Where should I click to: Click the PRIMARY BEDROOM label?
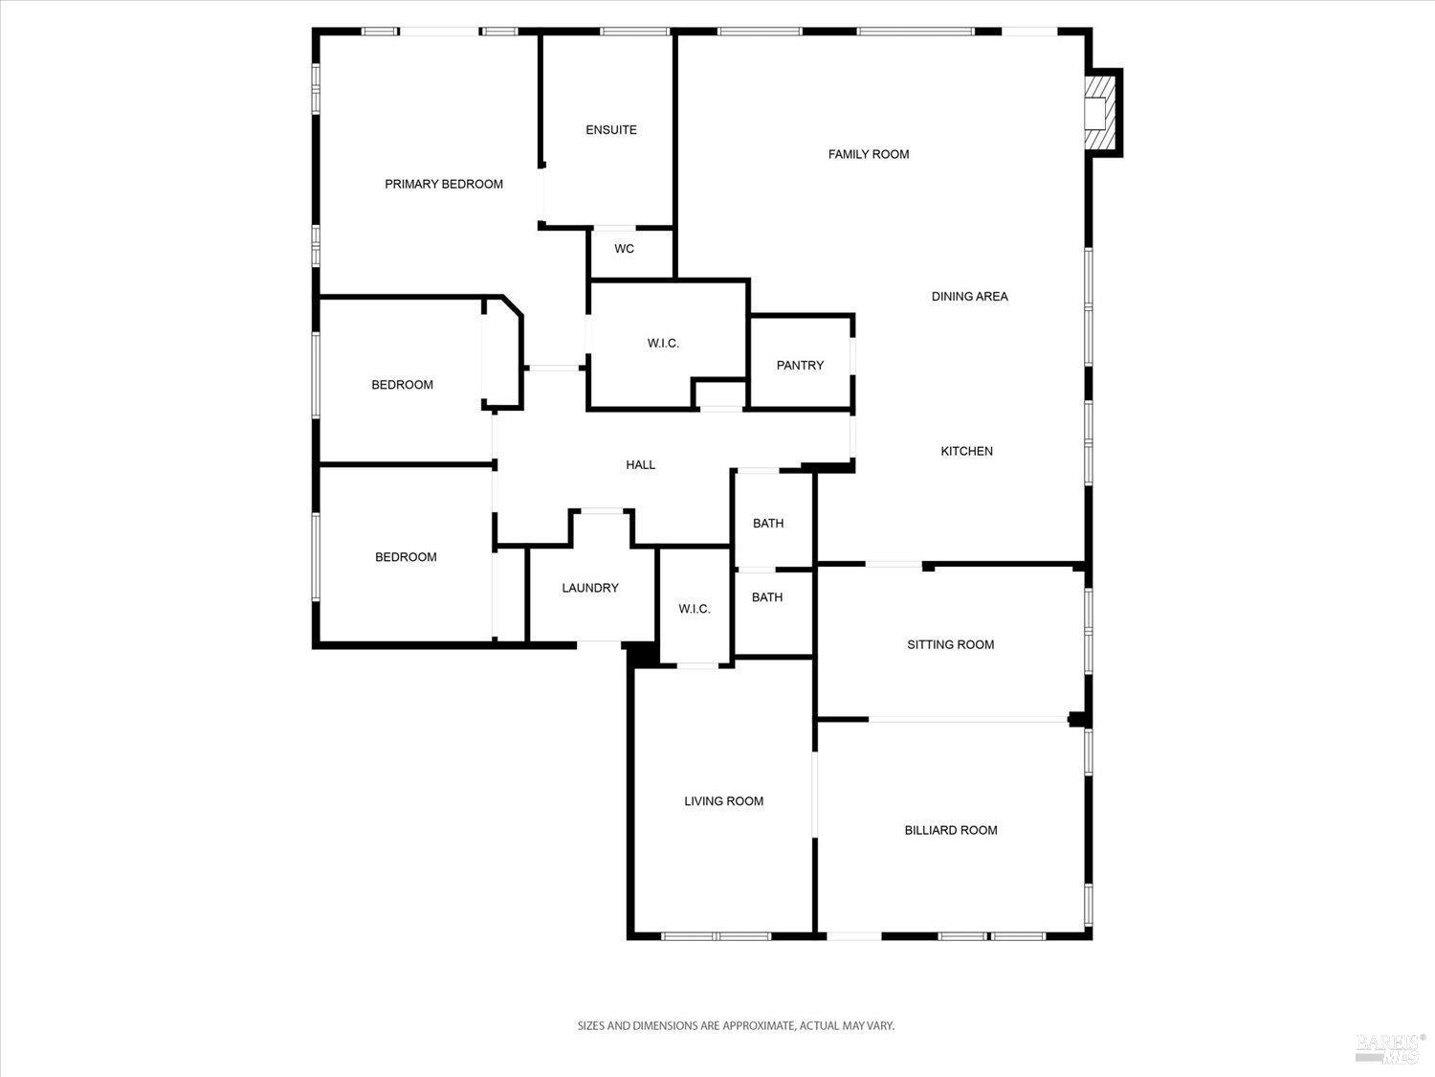point(444,184)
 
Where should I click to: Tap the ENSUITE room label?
point(611,130)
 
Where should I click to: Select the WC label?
point(624,249)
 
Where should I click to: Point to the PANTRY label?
point(800,365)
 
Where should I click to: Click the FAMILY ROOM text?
point(869,154)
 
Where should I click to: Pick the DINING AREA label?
point(969,297)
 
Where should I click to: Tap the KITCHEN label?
point(966,451)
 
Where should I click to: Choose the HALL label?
point(640,465)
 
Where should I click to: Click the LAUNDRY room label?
point(590,588)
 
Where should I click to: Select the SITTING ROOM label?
point(950,644)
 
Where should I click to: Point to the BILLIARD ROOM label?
point(951,830)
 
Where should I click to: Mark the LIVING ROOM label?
point(723,801)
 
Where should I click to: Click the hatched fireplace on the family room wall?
point(1102,112)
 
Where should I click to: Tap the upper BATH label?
point(767,524)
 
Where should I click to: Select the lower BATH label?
point(766,597)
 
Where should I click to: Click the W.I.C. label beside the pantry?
point(663,343)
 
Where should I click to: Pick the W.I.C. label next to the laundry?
point(695,609)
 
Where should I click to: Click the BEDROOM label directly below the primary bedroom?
point(402,385)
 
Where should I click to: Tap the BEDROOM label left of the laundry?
point(406,557)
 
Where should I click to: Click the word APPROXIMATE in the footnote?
point(759,1025)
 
